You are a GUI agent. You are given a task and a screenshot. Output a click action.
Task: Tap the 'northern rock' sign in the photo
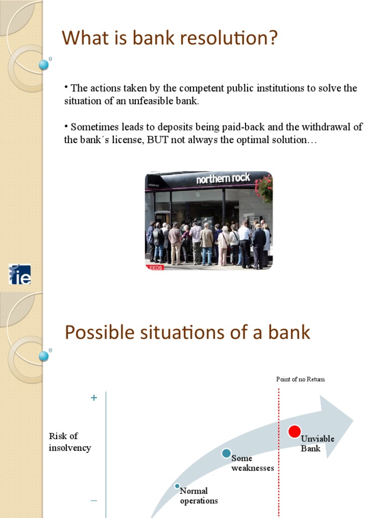tap(223, 179)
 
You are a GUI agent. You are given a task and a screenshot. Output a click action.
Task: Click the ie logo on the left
tap(20, 274)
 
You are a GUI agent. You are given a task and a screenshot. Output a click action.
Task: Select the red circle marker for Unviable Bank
tap(294, 431)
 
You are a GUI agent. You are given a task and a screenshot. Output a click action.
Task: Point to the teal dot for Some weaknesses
tap(226, 453)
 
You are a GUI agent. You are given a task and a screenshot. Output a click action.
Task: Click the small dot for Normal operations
tap(177, 486)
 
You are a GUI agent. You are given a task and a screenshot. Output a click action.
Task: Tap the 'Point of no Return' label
tap(300, 379)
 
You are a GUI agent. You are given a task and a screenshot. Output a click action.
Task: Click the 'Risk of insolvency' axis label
tap(70, 442)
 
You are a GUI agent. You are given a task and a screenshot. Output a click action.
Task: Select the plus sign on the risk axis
tap(93, 398)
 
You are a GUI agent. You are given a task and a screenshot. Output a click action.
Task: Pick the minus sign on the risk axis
tap(93, 501)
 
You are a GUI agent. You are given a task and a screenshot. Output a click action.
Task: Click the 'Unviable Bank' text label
tap(317, 444)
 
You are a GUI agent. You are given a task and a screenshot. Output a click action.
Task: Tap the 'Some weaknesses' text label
tap(252, 463)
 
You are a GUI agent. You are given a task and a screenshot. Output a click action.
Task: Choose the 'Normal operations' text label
tap(199, 496)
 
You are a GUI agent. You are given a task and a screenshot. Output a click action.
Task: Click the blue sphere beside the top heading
tap(44, 65)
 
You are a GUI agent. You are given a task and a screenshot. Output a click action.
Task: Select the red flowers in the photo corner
tap(265, 188)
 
